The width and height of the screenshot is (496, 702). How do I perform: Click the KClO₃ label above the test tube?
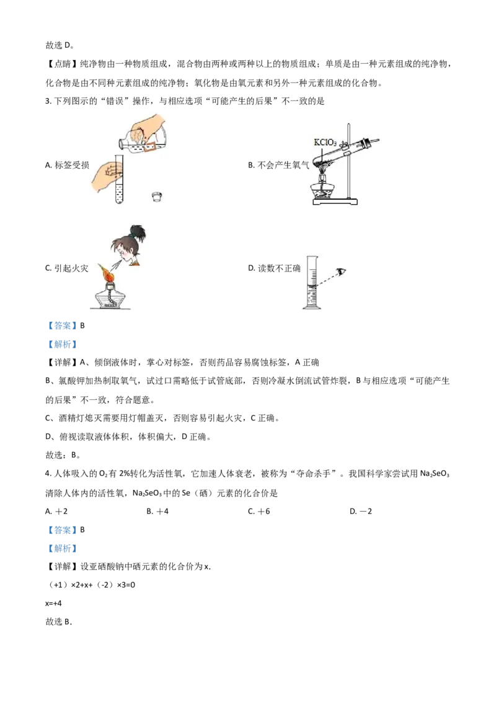[x=325, y=143]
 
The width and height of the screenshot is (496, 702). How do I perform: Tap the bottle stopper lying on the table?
[x=157, y=196]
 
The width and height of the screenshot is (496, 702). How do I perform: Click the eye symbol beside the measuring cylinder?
[x=342, y=271]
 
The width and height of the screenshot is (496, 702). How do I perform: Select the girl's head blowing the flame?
[x=130, y=246]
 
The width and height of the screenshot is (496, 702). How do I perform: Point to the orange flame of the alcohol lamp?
[x=108, y=272]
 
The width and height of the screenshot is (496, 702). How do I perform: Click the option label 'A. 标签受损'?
[x=67, y=165]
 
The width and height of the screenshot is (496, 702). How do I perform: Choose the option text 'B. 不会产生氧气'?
[x=278, y=165]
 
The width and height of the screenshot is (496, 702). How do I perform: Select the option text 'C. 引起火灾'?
[x=67, y=268]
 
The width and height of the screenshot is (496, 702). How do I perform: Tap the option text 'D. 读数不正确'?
[x=274, y=268]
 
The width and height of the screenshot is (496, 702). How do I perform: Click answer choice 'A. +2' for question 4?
[x=56, y=511]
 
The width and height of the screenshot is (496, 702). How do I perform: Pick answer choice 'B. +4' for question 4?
[x=157, y=511]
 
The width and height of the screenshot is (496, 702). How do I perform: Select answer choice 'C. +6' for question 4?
[x=259, y=511]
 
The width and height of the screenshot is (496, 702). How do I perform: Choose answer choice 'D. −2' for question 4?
[x=361, y=511]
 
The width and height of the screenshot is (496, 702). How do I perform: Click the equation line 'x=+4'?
[x=54, y=603]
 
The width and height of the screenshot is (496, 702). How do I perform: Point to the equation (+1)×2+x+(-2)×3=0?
[x=91, y=585]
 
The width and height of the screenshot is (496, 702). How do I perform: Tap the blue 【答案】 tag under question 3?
[x=62, y=326]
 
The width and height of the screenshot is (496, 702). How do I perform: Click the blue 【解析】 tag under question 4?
[x=62, y=548]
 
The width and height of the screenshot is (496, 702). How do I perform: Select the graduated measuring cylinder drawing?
[x=312, y=283]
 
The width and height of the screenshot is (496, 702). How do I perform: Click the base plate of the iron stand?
[x=335, y=202]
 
